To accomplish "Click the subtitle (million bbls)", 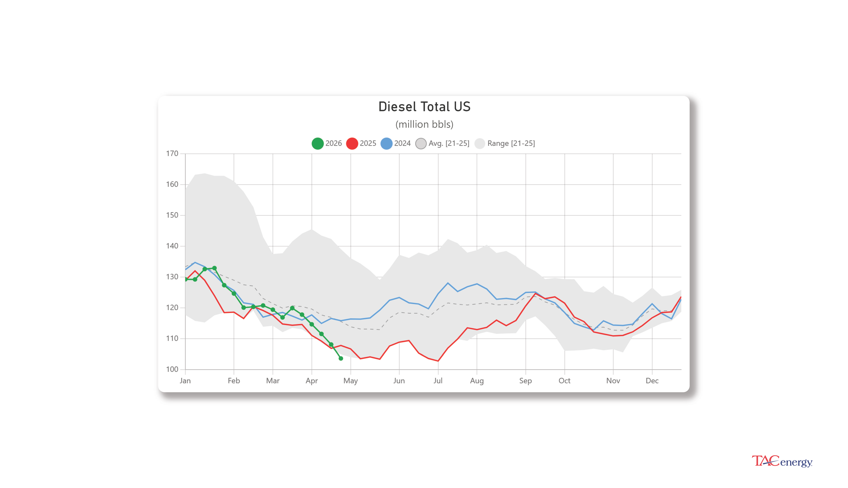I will (424, 124).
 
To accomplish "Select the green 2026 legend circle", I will (318, 144).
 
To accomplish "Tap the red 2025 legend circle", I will (352, 144).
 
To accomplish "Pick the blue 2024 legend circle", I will (386, 144).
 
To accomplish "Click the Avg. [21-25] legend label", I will (449, 144).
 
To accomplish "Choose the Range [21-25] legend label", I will (511, 144).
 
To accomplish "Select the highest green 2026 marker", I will (214, 268).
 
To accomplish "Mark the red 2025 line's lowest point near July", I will (438, 361).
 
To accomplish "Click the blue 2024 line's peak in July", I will (448, 283).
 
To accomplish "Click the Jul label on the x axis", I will (438, 381).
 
